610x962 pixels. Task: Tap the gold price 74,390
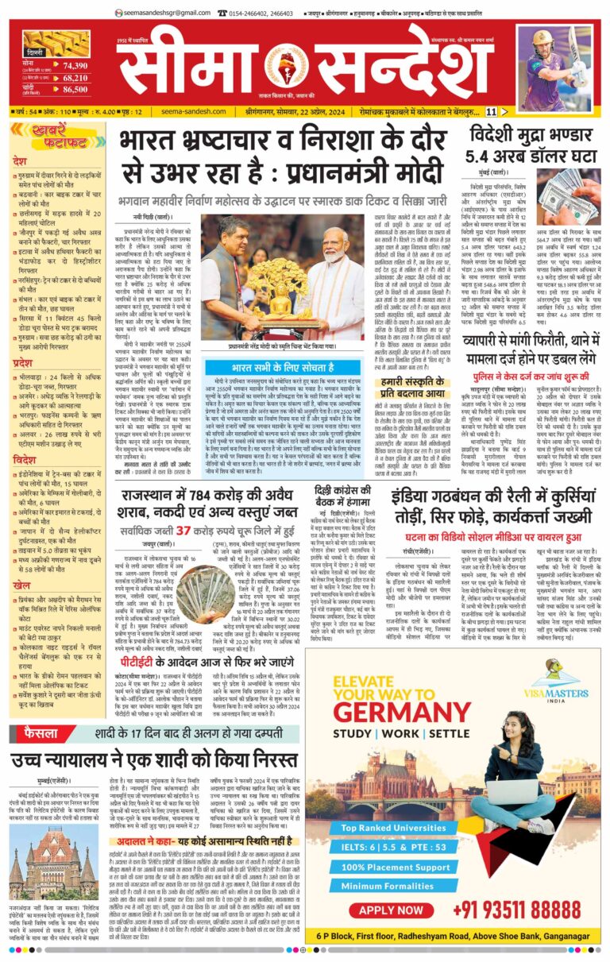coord(75,66)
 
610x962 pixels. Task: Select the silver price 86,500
coord(75,90)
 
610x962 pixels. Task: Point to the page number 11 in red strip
coord(514,112)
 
